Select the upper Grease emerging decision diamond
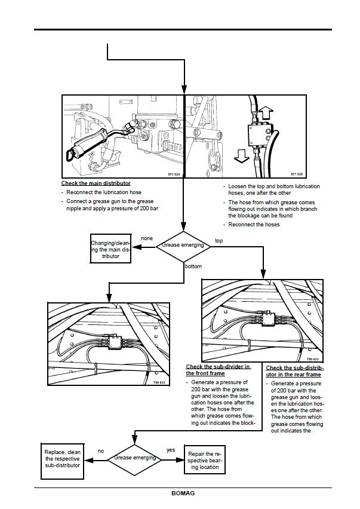tap(184, 245)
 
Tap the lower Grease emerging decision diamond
tap(136, 458)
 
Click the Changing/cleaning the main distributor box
tap(110, 249)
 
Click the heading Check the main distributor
tap(96, 183)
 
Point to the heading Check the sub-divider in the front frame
tap(218, 370)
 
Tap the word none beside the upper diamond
tap(146, 238)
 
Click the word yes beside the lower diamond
tap(170, 449)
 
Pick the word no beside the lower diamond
tap(101, 451)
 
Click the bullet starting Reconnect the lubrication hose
tap(105, 193)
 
